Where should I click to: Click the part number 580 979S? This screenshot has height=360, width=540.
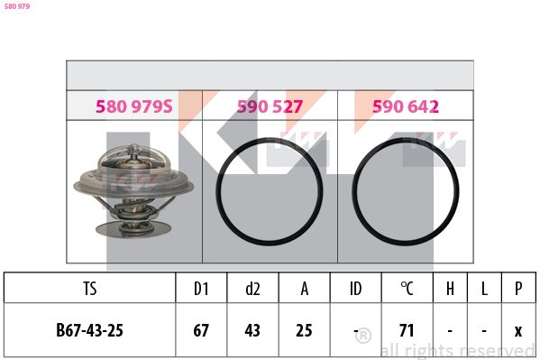134,106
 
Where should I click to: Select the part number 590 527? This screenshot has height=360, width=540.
270,106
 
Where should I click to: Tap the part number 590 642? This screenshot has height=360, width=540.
406,106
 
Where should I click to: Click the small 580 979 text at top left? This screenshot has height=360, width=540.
17,6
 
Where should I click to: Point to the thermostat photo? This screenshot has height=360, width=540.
133,191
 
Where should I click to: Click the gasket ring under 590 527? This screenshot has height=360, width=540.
216,191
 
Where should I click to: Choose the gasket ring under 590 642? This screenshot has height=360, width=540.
352,191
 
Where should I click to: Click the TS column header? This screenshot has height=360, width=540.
90,289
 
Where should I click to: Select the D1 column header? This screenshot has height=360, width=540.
201,289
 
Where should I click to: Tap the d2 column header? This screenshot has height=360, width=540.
252,289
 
